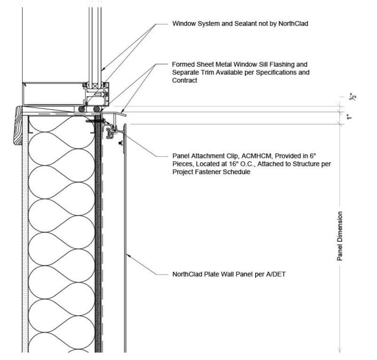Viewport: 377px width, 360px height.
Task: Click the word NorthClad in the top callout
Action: [293, 24]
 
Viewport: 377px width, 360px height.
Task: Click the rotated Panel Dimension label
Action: [340, 236]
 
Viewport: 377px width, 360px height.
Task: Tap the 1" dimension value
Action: [349, 118]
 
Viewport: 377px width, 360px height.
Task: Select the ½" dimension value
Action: [353, 97]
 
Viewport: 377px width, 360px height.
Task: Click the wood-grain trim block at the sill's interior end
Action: [18, 126]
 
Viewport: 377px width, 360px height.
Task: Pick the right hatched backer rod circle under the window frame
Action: [97, 109]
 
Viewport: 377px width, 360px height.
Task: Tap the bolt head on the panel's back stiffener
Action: [121, 144]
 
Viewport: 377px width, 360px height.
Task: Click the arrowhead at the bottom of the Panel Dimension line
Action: [340, 350]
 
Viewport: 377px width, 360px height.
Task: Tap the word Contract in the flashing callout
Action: [185, 80]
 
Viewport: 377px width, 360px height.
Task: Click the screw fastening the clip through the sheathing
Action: [95, 121]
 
